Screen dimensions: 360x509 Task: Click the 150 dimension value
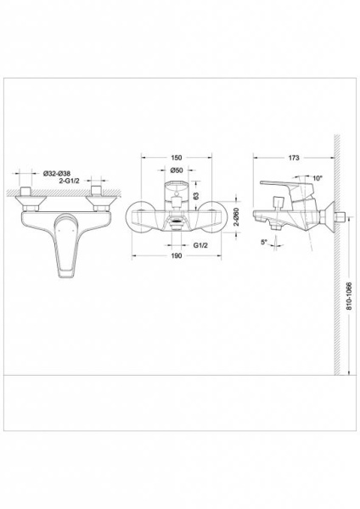176,158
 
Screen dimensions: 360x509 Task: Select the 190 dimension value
176,256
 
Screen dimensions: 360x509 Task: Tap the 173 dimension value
294,158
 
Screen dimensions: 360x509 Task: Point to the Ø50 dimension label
177,170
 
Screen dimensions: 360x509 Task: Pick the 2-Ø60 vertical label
237,217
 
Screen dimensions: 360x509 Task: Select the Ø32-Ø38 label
57,173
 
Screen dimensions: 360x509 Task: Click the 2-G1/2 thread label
70,181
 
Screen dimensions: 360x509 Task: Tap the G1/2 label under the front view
200,245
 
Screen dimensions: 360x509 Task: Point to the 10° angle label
318,178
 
